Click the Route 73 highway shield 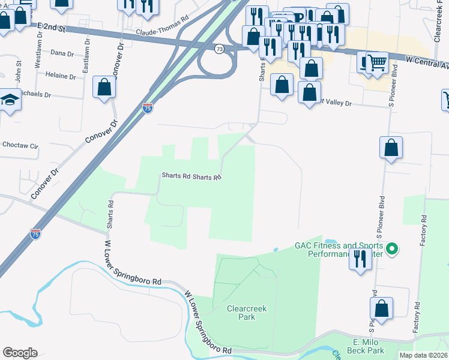coord(219,49)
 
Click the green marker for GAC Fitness coord(392,248)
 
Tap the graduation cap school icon coord(10,98)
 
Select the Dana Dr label coord(61,53)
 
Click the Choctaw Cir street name coord(20,145)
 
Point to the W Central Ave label coord(427,61)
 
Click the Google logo coord(20,352)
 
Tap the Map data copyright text coord(423,355)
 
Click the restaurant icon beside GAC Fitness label coord(360,259)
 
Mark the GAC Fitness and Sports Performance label coord(339,249)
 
